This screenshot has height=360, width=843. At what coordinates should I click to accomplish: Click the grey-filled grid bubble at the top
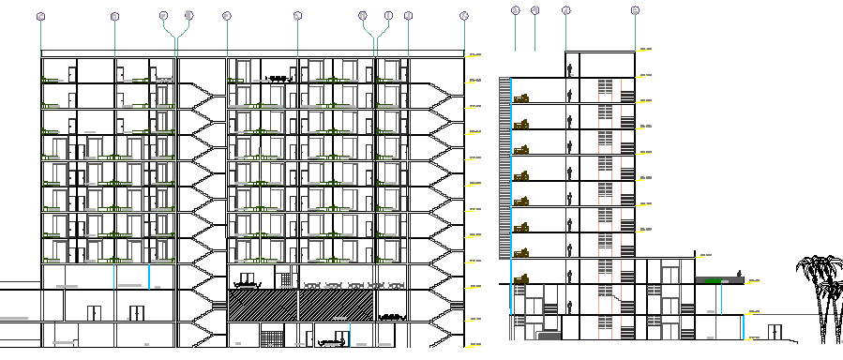[189, 15]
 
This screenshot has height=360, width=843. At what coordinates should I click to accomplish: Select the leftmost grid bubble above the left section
[41, 16]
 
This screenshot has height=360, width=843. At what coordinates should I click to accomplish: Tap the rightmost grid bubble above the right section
[635, 10]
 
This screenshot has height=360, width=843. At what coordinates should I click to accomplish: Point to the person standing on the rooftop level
[569, 70]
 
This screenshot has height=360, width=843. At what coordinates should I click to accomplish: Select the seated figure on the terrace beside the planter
[741, 275]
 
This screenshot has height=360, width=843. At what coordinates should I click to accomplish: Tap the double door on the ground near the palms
[775, 332]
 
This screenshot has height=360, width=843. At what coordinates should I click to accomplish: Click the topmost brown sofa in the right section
[521, 97]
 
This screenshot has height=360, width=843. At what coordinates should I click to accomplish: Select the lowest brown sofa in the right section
[521, 278]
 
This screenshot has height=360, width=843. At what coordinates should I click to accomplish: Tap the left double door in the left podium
[93, 311]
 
